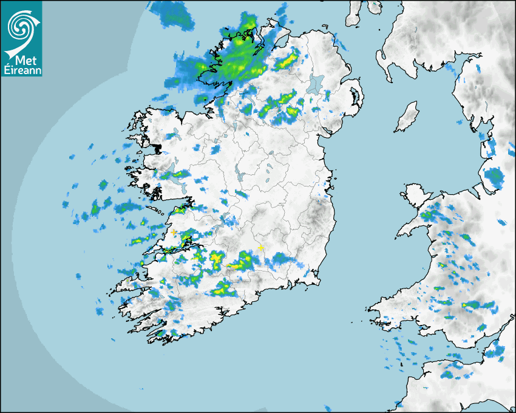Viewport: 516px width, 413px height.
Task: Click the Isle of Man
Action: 407,117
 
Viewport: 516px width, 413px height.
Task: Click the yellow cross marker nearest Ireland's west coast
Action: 174,233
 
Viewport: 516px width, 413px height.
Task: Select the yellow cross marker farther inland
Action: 261,248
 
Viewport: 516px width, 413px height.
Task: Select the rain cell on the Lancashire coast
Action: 495,176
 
